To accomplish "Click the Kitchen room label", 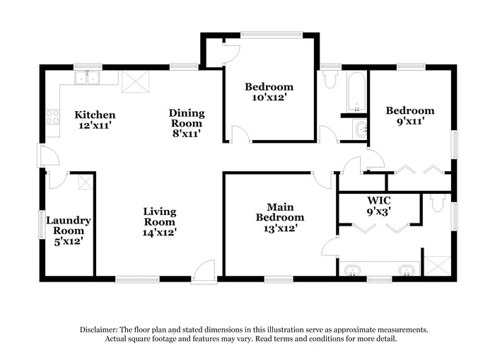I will [x=95, y=115].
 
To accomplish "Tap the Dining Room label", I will [x=187, y=117].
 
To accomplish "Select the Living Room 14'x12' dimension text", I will [x=159, y=231].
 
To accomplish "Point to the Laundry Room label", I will [x=69, y=225].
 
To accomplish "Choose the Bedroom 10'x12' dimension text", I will [x=269, y=98].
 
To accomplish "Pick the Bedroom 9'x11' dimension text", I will [x=409, y=121].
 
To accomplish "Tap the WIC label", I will [x=379, y=199].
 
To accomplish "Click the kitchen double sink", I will [x=88, y=78].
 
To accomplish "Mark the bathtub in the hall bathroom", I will [x=356, y=91].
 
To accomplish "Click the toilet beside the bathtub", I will [x=330, y=79].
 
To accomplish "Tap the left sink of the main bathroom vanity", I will [x=351, y=270].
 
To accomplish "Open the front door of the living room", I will [x=204, y=272].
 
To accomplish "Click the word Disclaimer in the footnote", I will [x=99, y=330].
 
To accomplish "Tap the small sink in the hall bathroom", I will [x=361, y=129].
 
